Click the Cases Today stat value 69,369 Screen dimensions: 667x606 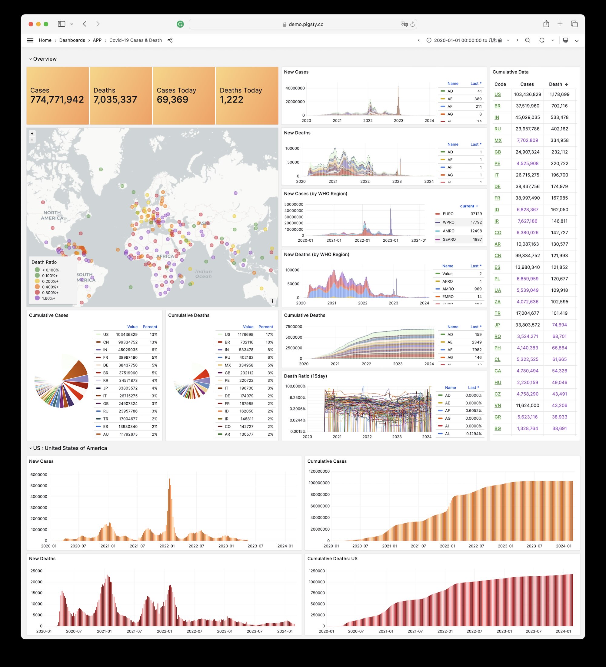tap(172, 99)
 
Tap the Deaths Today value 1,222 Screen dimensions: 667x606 tap(231, 99)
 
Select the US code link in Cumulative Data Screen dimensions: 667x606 tap(497, 95)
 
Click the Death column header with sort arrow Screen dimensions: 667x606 tap(558, 84)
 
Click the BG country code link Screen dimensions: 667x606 tap(497, 428)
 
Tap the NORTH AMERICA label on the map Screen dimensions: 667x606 tap(52, 215)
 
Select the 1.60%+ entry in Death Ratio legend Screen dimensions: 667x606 tap(48, 298)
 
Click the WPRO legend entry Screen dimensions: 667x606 tap(448, 222)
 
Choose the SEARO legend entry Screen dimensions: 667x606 tap(449, 240)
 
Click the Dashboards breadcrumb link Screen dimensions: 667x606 tap(72, 40)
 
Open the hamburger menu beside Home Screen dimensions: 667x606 tap(30, 40)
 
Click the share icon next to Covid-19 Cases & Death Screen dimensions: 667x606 tap(170, 40)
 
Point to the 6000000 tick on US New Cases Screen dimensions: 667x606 tap(39, 475)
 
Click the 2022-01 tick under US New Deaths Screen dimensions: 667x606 tap(164, 631)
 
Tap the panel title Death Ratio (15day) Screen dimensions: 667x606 tap(305, 376)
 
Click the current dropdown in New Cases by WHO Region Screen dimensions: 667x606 tap(469, 206)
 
